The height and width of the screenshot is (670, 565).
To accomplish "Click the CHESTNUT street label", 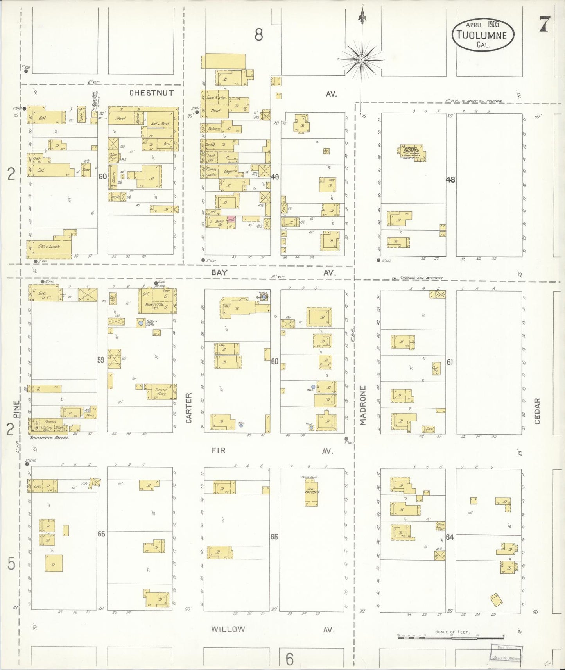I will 152,93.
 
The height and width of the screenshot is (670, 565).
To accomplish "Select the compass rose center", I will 362,60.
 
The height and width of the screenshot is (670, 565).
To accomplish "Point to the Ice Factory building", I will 312,492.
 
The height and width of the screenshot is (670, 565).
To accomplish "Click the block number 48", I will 450,180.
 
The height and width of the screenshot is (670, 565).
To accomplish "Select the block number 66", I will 101,534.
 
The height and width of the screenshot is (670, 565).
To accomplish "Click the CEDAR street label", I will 537,411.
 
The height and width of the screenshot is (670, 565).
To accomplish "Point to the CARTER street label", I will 189,408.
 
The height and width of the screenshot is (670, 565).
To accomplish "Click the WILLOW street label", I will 228,629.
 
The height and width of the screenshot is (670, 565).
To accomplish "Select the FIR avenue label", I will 218,450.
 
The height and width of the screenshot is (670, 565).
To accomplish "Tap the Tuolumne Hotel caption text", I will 49,437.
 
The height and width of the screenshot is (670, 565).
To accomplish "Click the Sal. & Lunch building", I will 49,247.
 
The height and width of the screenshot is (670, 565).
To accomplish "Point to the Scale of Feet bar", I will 424,636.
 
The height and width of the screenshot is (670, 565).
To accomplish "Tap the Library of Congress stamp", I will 506,653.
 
